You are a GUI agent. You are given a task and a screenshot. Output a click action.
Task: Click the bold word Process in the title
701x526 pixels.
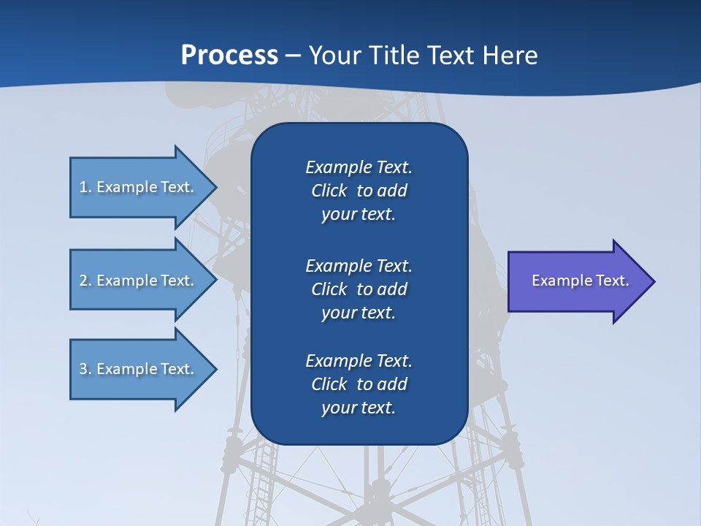[229, 56]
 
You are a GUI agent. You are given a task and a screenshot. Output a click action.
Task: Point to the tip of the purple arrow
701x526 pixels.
[653, 281]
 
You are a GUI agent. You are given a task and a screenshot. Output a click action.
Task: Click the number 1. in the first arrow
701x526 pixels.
[85, 187]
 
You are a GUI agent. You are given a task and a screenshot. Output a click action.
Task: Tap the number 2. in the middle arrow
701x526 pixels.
[85, 281]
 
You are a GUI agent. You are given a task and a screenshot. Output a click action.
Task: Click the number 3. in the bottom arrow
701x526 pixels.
[85, 369]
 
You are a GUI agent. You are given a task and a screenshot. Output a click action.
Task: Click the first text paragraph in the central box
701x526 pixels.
[359, 191]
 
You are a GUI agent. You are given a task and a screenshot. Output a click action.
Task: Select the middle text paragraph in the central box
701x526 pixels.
[359, 289]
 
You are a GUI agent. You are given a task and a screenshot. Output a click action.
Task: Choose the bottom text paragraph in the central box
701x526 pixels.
[359, 384]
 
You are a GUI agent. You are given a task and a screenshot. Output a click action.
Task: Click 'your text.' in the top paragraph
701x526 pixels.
[359, 215]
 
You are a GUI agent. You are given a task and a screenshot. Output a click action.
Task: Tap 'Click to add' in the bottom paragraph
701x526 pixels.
[359, 384]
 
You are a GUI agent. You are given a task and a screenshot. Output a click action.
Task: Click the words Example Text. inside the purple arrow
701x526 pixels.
[581, 281]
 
